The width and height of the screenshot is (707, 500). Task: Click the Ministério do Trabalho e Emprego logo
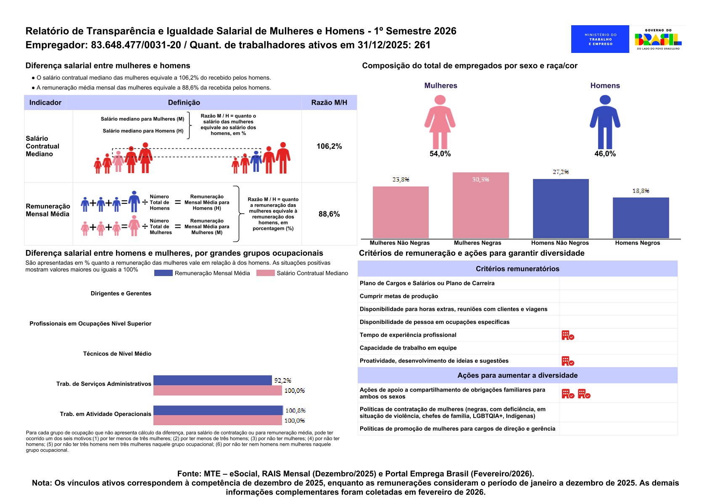pos(600,39)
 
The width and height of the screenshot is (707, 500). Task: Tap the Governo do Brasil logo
pos(658,39)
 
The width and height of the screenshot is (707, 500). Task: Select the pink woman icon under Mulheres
pos(440,121)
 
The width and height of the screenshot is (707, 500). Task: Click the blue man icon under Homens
pos(605,121)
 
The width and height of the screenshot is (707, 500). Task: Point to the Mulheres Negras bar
pos(480,205)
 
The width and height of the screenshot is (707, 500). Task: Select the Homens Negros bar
pos(641,218)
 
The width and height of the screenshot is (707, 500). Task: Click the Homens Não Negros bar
pos(561,208)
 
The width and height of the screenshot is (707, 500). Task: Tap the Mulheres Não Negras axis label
pos(399,243)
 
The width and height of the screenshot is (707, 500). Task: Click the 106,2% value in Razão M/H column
pos(329,146)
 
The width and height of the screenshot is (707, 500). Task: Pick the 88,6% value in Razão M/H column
pos(329,214)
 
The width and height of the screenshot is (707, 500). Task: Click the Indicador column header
pos(45,103)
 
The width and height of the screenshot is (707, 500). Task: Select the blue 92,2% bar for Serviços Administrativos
pos(212,380)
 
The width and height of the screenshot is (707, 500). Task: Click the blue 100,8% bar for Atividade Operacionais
pos(218,411)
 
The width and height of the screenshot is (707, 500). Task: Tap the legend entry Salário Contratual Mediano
pos(312,273)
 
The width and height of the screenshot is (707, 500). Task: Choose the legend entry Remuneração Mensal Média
pos(212,273)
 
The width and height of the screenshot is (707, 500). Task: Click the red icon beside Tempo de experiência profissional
pos(567,335)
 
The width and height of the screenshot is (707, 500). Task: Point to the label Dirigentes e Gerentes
pos(121,293)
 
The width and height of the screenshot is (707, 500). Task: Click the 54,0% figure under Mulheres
pos(440,154)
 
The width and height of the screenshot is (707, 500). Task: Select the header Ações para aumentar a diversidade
pos(517,375)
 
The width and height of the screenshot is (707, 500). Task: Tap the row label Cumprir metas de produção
pos(398,296)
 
